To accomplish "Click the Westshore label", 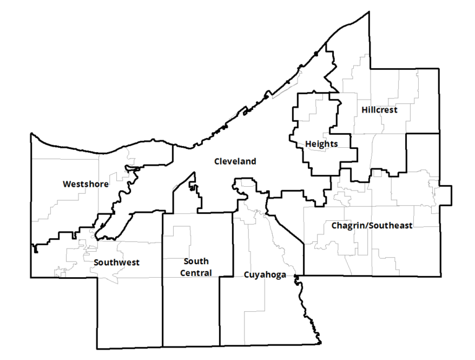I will coord(85,184).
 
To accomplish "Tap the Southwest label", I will coord(116,262).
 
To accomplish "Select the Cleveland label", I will coord(235,161).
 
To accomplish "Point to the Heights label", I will coord(321,144).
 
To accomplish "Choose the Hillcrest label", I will coord(379,110).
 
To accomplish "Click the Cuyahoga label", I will coord(265,275).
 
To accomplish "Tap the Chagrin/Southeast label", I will coord(371,226).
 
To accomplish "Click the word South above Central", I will coord(195,262).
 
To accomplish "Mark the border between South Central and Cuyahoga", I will coord(220,309).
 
